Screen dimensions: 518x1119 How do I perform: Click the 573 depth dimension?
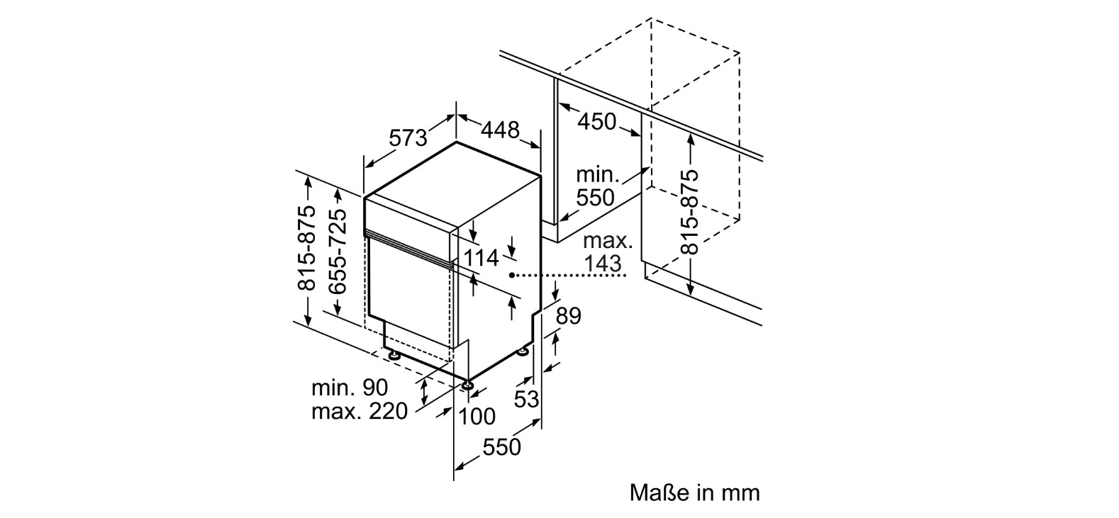(408, 137)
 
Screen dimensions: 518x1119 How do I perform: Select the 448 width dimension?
(501, 130)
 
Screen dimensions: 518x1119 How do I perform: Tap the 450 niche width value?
(596, 122)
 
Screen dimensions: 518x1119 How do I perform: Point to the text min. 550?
(596, 186)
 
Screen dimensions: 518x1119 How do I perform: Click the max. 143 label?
(606, 252)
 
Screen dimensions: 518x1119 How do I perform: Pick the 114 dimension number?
(481, 258)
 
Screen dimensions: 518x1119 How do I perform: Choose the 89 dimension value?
(568, 315)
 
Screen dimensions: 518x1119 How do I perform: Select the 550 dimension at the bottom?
(501, 447)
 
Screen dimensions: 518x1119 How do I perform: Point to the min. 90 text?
(350, 388)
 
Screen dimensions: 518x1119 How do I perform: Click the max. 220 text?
(360, 411)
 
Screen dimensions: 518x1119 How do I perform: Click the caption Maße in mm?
(694, 493)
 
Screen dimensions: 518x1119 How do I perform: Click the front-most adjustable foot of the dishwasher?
(467, 385)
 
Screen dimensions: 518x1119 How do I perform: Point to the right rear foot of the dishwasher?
(523, 350)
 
